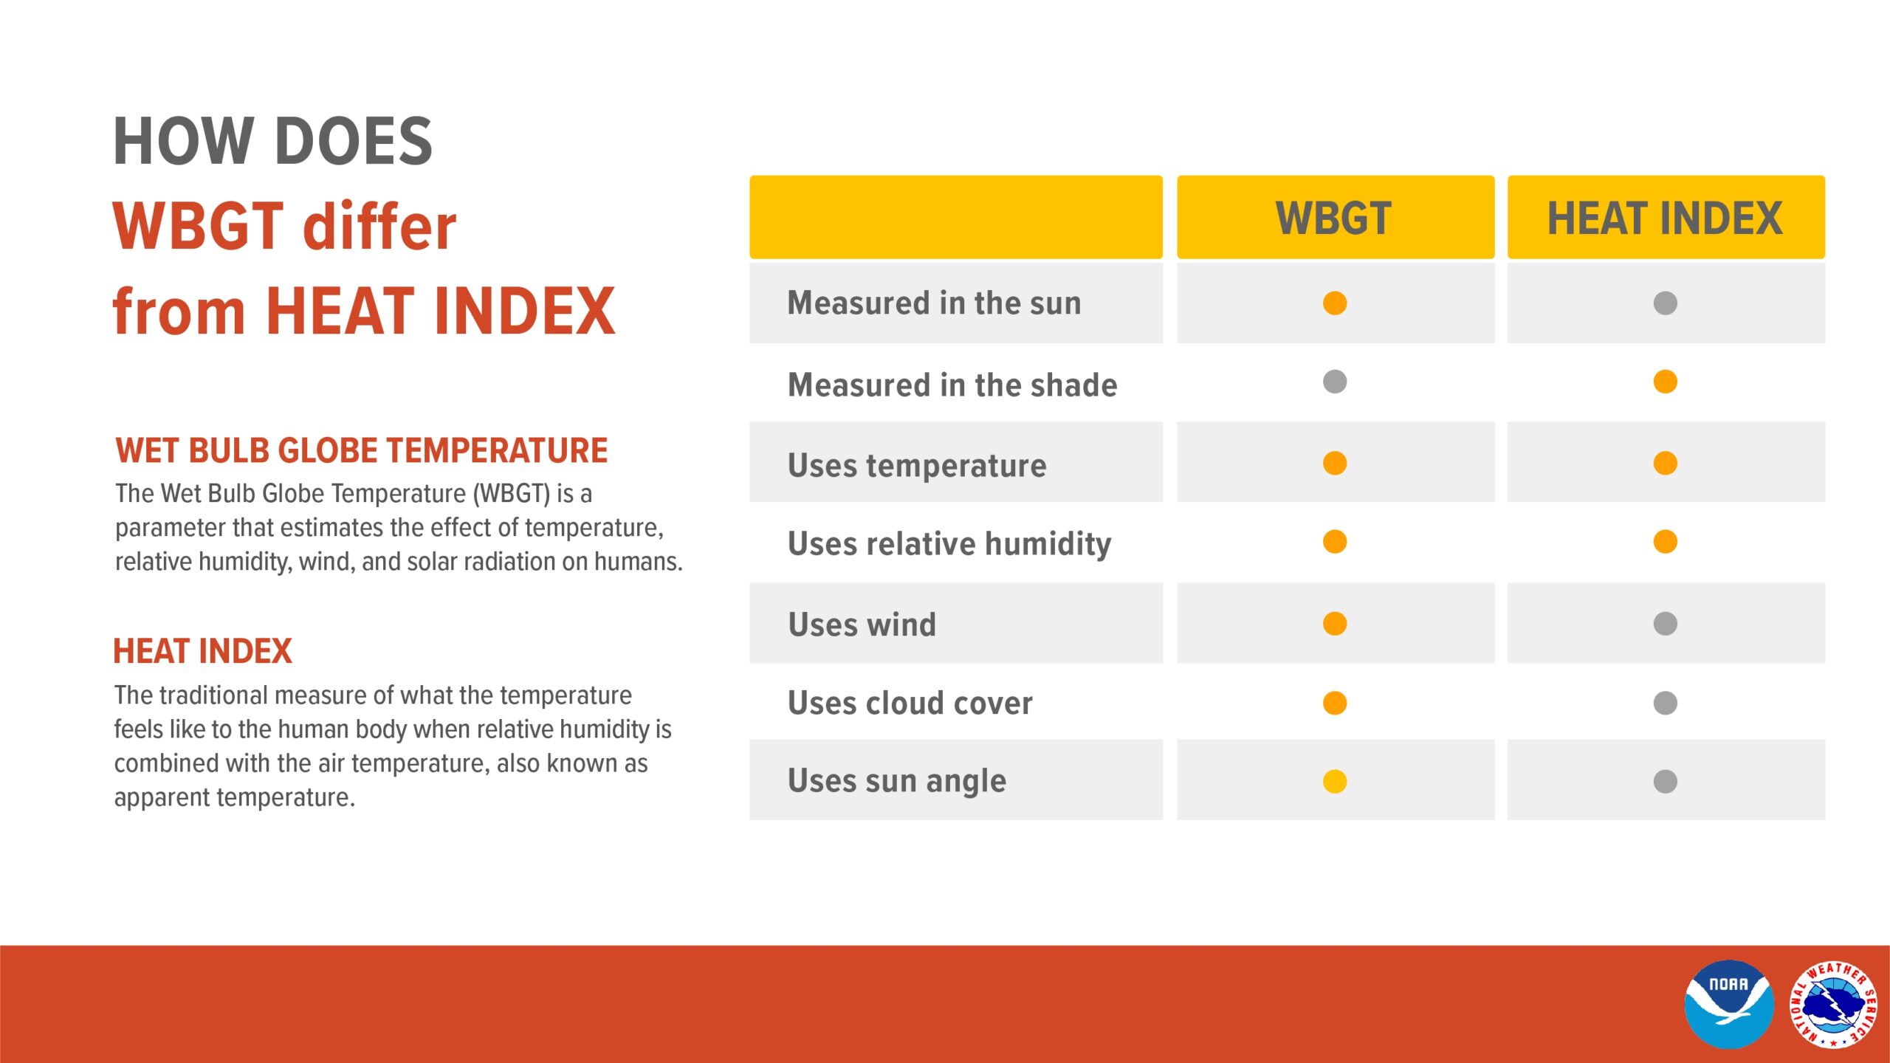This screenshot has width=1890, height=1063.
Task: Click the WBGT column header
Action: (1334, 218)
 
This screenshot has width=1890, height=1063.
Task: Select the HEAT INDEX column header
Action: (1665, 218)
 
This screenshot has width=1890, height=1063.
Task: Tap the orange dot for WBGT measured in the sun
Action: (1335, 303)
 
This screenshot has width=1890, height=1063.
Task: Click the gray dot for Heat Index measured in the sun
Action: (1665, 303)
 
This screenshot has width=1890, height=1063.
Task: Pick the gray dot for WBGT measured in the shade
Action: (1335, 382)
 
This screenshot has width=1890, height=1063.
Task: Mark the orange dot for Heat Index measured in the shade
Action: (1665, 382)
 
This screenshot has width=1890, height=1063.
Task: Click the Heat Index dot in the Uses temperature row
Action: (1665, 463)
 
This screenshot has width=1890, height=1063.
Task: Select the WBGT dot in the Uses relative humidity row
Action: (1335, 542)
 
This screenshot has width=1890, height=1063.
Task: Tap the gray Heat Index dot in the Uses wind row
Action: (1665, 624)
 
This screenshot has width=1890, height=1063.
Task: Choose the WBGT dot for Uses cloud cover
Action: (1335, 703)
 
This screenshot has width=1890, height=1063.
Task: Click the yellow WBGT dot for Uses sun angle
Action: (1335, 781)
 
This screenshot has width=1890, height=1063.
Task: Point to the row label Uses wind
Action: (862, 625)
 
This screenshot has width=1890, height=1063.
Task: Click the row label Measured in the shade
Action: (952, 385)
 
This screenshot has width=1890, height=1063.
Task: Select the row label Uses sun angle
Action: (896, 781)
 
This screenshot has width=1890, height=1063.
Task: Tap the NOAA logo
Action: (1728, 1004)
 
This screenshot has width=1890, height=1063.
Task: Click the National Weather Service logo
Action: (1832, 1004)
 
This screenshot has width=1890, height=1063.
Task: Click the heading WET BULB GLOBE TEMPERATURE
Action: (361, 450)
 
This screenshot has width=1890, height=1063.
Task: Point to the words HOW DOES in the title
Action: (272, 141)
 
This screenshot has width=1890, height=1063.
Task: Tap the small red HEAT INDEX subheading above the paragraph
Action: (202, 651)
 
